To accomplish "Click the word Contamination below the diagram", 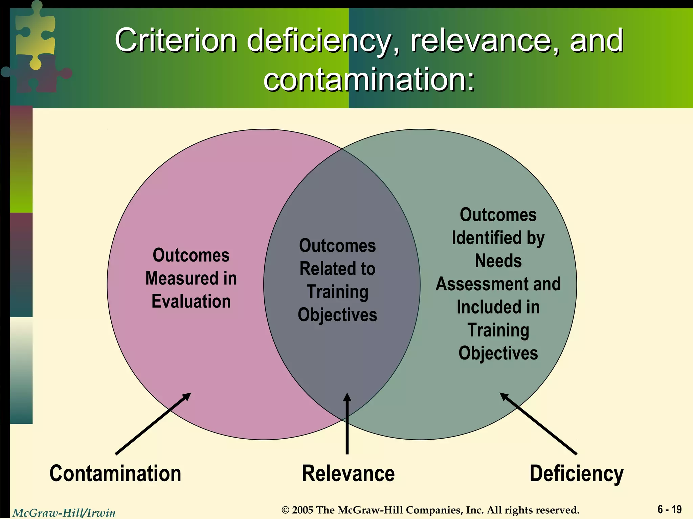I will (x=115, y=474).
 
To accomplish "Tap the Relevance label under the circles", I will (x=348, y=474).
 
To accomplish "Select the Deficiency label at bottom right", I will (x=576, y=474).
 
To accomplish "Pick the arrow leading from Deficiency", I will (x=538, y=424).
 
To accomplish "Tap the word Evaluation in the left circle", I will (x=191, y=301).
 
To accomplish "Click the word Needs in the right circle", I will (x=498, y=261).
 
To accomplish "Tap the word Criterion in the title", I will (x=176, y=41).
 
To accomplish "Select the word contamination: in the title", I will (x=369, y=79).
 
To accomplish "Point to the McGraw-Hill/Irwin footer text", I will (x=64, y=513).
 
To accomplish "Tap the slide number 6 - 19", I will (x=669, y=509).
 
